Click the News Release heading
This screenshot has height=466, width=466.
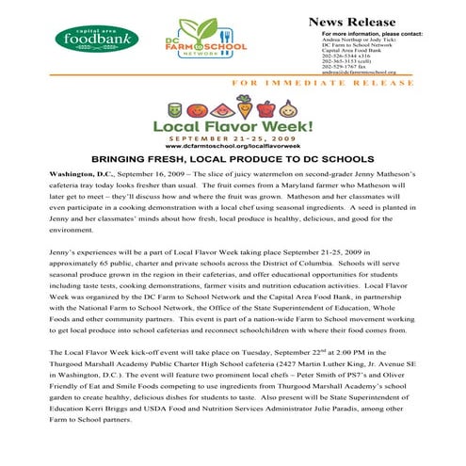pos(352,21)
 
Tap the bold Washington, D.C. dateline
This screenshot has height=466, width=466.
pos(79,176)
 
